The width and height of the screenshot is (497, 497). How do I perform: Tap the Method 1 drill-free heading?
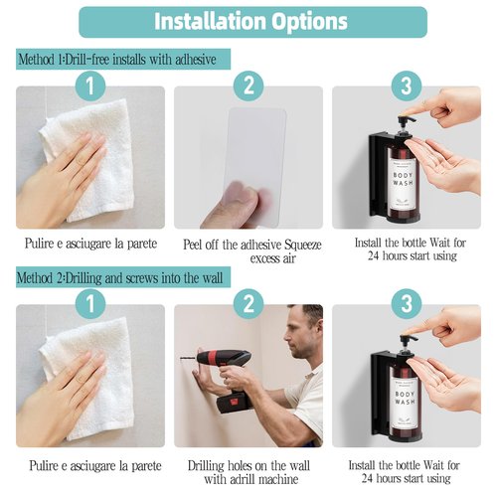click(123, 59)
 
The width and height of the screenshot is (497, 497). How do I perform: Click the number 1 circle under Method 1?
click(90, 86)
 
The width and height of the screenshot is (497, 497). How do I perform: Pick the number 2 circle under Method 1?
click(248, 86)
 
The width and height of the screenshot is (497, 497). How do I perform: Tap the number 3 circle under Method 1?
click(405, 86)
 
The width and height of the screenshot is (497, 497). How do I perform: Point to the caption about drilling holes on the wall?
click(248, 471)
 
